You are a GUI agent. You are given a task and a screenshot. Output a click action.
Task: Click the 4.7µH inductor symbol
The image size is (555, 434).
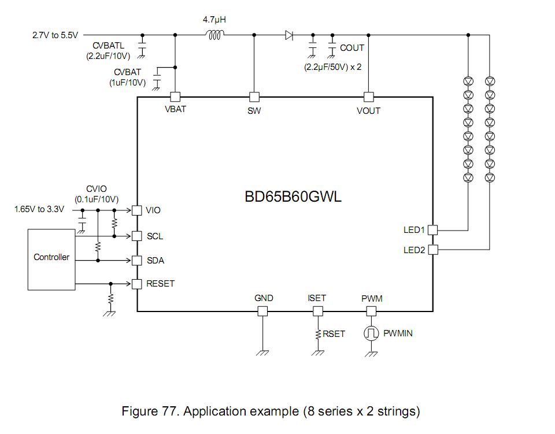click(214, 35)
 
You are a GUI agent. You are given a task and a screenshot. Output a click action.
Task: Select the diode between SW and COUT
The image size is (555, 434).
click(289, 35)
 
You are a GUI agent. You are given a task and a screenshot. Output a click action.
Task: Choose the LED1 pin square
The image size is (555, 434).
click(432, 230)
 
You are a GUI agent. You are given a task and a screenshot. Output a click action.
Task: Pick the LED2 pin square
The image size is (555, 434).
click(432, 250)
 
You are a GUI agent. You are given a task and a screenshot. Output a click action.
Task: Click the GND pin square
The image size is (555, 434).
click(263, 311)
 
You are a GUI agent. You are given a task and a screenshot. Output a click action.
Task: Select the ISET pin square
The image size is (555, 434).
click(317, 311)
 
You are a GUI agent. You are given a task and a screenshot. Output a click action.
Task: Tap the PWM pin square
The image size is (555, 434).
click(371, 311)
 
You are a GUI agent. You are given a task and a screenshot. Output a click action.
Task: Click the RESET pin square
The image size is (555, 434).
click(137, 284)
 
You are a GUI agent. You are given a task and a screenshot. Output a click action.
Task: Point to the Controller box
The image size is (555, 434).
click(51, 258)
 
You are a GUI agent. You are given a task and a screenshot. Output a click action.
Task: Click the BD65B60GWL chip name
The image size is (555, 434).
click(293, 196)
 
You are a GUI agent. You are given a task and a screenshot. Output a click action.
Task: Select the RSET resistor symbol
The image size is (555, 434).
click(317, 334)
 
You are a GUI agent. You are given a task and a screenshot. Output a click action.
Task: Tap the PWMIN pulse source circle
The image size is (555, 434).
click(371, 333)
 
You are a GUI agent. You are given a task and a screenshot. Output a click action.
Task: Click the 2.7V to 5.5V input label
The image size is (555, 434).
click(55, 35)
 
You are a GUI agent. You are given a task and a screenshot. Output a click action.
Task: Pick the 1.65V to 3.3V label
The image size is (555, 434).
click(39, 209)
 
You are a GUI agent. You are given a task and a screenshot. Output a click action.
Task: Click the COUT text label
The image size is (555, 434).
click(351, 48)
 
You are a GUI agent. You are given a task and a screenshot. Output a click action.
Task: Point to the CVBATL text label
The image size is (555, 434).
click(108, 46)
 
